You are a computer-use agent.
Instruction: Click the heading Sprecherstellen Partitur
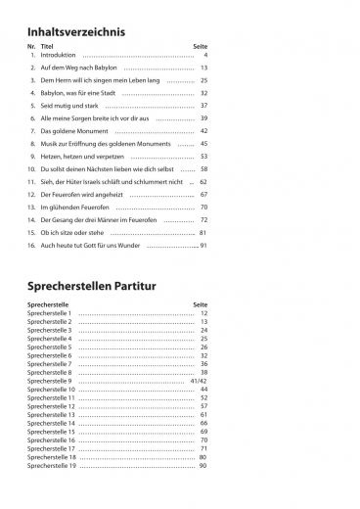point(100,288)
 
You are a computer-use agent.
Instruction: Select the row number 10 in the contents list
point(32,168)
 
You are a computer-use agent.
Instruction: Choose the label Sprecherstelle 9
point(50,381)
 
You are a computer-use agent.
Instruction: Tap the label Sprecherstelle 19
point(52,465)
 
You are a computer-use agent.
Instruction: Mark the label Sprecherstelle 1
point(50,313)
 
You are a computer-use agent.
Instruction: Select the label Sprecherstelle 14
point(52,423)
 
